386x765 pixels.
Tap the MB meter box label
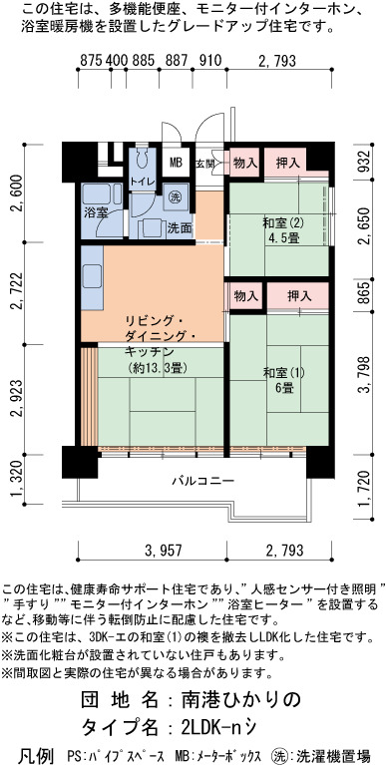pyautogui.click(x=176, y=163)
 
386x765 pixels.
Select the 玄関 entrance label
pyautogui.click(x=203, y=164)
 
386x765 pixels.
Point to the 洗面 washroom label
pyautogui.click(x=180, y=227)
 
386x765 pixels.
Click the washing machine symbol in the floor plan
pyautogui.click(x=175, y=197)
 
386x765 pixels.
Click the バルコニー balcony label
pyautogui.click(x=203, y=481)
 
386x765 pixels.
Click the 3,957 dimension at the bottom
pyautogui.click(x=164, y=551)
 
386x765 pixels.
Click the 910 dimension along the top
pyautogui.click(x=210, y=60)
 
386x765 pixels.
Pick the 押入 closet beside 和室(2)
pyautogui.click(x=288, y=163)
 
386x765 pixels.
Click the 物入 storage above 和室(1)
pyautogui.click(x=246, y=295)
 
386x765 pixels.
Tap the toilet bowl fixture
pyautogui.click(x=142, y=160)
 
